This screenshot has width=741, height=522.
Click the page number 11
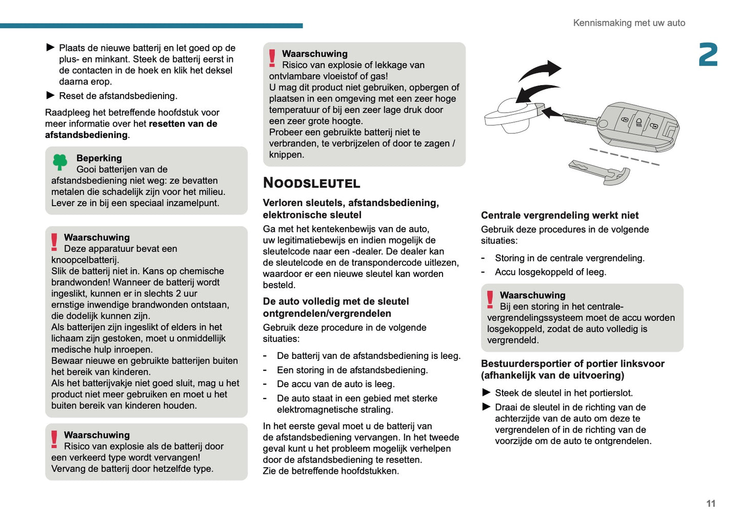click(710, 504)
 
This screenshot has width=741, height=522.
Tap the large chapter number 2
click(708, 55)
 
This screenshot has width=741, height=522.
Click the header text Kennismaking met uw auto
click(629, 23)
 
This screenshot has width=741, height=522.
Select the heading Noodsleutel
click(311, 183)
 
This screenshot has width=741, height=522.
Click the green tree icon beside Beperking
click(60, 162)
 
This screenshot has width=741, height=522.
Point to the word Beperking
click(99, 158)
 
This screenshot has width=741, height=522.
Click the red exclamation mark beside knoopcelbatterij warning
click(54, 242)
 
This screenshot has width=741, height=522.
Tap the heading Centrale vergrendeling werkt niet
click(559, 215)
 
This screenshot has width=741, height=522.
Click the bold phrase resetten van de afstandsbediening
click(131, 129)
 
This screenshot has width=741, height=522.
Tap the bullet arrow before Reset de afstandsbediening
click(50, 95)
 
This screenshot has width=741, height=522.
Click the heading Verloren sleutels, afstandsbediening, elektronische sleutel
click(350, 209)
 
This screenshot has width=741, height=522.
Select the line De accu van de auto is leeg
click(335, 384)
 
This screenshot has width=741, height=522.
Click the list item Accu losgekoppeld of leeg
click(550, 272)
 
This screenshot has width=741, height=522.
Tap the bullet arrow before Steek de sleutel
click(486, 393)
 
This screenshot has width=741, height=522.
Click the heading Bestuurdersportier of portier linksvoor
click(572, 369)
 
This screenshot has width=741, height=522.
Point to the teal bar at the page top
click(151, 26)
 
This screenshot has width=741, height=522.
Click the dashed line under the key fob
click(624, 157)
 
